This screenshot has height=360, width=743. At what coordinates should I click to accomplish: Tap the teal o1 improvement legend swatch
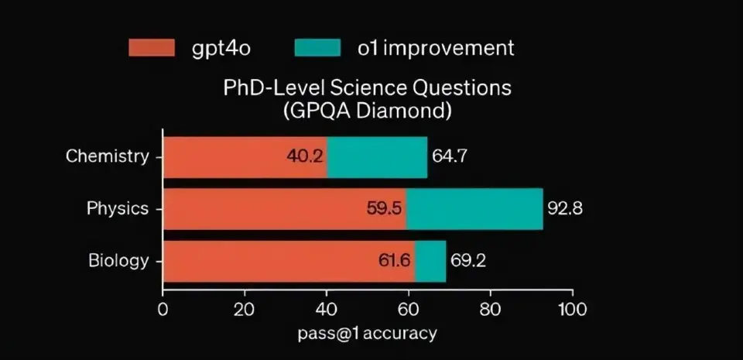[317, 48]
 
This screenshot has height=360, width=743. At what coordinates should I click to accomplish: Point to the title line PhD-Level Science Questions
[367, 87]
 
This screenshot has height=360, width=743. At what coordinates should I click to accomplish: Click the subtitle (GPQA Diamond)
[368, 110]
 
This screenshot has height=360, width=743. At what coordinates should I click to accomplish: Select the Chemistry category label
[107, 156]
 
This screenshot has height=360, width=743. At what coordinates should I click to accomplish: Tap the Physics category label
[117, 208]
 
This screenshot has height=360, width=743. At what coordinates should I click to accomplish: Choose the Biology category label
[118, 261]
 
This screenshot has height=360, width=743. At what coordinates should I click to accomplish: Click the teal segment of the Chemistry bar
[377, 156]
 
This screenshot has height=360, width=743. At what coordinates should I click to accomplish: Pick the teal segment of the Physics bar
[474, 208]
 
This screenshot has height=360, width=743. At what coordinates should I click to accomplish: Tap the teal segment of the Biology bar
[430, 261]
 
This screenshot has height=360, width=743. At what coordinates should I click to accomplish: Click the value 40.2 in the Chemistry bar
[304, 156]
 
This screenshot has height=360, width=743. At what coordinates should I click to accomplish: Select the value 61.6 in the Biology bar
[394, 261]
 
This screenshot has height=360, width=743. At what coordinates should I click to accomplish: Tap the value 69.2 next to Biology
[468, 261]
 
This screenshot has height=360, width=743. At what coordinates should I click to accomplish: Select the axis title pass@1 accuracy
[368, 334]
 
